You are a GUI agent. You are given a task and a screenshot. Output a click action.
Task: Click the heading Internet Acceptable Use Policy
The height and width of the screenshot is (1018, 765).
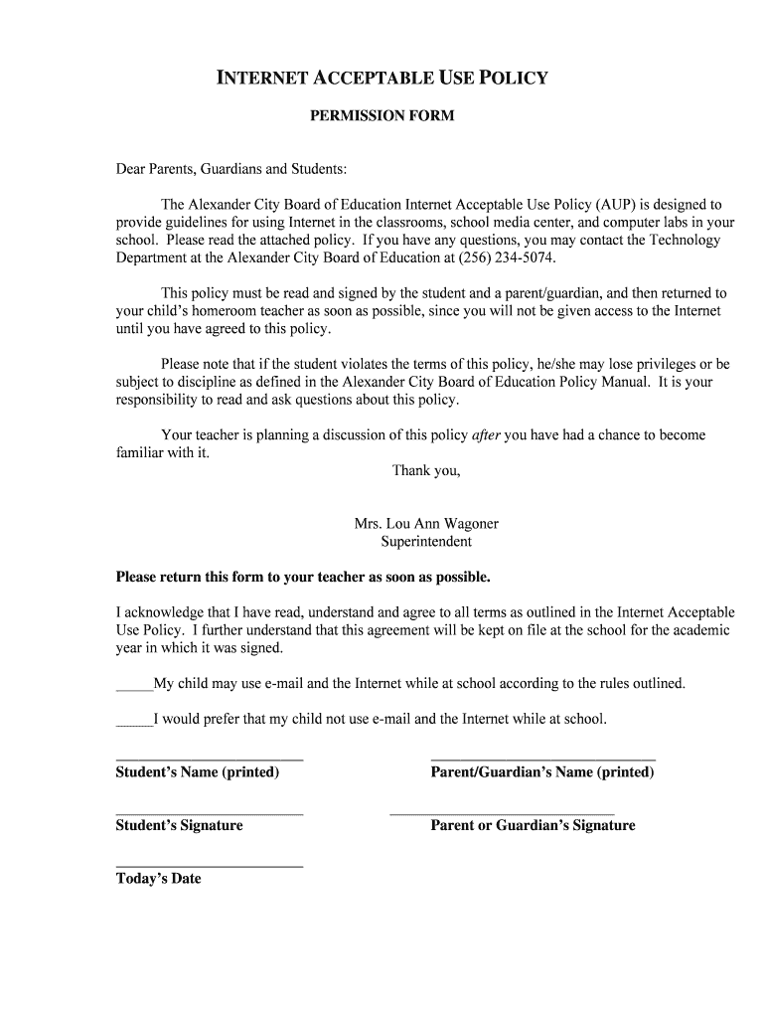coord(382,78)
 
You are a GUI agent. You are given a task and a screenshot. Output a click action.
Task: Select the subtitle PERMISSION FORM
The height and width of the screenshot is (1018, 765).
coord(382,115)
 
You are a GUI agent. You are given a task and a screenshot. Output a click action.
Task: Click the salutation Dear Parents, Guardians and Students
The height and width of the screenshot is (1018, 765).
coord(231,170)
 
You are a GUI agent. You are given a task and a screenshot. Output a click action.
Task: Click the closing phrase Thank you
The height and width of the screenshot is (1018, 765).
coord(426,470)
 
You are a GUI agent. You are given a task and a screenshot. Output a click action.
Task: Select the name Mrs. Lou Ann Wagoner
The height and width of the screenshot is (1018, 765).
coord(426,524)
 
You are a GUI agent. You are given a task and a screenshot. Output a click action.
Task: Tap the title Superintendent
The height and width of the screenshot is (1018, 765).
coord(426,542)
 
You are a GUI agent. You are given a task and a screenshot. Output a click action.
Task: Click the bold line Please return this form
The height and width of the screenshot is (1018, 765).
coord(303,577)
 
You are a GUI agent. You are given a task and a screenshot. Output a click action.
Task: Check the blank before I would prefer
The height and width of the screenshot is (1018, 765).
coord(134,721)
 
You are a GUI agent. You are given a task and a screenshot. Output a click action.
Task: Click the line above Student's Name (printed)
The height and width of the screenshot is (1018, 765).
coord(210,760)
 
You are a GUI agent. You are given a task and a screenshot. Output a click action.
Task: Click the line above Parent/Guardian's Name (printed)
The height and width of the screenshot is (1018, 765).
coord(542,760)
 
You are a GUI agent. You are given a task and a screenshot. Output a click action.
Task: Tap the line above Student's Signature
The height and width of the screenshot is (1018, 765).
coord(210,813)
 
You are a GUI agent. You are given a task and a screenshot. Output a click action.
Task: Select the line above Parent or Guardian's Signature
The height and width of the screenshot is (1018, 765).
coord(502,813)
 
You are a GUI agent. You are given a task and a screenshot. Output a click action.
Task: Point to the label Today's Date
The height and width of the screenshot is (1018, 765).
coord(159,879)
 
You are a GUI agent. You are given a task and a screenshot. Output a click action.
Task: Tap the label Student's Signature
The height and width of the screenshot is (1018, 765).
coord(180,825)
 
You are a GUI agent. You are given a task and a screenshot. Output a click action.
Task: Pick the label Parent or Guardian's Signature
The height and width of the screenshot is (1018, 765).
coord(533,825)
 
